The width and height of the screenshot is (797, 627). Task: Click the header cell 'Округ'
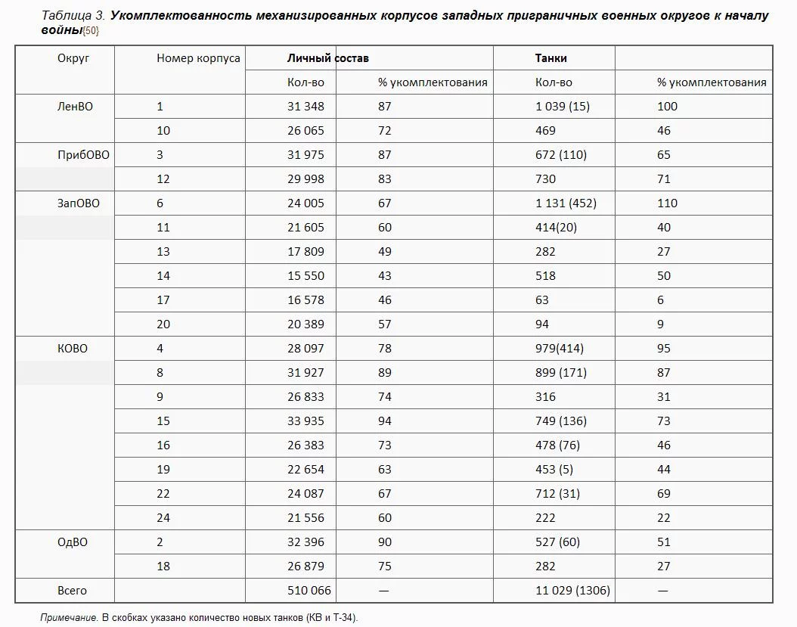tap(73, 58)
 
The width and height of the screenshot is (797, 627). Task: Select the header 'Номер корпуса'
tap(198, 58)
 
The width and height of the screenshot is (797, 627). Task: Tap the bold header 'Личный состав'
tap(327, 58)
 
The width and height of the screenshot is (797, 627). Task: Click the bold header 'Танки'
tap(550, 58)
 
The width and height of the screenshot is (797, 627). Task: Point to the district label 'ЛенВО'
tap(75, 107)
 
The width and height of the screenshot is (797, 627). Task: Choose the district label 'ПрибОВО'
tap(83, 155)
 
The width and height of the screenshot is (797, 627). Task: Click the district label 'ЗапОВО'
tap(79, 203)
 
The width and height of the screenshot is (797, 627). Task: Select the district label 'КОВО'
tap(73, 349)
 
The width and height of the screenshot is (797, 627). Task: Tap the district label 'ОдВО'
tap(73, 542)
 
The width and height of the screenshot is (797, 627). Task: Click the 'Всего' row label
tap(72, 591)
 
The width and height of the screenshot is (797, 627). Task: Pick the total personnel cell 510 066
tap(309, 591)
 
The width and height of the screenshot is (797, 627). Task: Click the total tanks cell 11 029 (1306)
tap(572, 591)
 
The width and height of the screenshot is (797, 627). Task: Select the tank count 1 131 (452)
tap(566, 203)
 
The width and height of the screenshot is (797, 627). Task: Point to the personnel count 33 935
tap(305, 421)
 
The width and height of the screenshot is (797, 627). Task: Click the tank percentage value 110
tap(667, 203)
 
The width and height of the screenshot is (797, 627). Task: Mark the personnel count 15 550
tap(305, 276)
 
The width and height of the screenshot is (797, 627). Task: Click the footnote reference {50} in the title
tap(91, 31)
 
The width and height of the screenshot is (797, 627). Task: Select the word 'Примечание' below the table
tap(69, 618)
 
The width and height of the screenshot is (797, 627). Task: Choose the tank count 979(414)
tap(559, 349)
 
